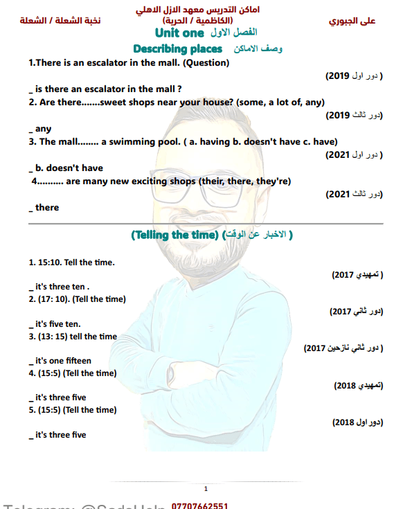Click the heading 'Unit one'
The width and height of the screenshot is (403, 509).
(179, 33)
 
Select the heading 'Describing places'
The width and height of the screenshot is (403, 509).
(178, 49)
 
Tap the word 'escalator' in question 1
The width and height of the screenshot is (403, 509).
(95, 63)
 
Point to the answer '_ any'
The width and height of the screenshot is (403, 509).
(41, 129)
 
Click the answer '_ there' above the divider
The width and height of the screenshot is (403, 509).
(44, 207)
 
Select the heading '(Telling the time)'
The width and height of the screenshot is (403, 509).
(174, 235)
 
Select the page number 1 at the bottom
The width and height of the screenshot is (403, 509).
(206, 489)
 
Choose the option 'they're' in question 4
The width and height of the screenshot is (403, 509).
(272, 181)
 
